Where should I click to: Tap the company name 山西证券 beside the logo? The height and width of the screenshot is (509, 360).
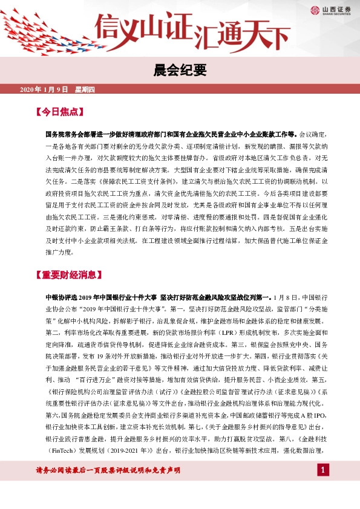point(335,8)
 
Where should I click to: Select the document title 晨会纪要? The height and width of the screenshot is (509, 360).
point(180,70)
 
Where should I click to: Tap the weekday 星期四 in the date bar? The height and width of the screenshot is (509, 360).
point(85,90)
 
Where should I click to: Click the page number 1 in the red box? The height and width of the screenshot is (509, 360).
point(324,487)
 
